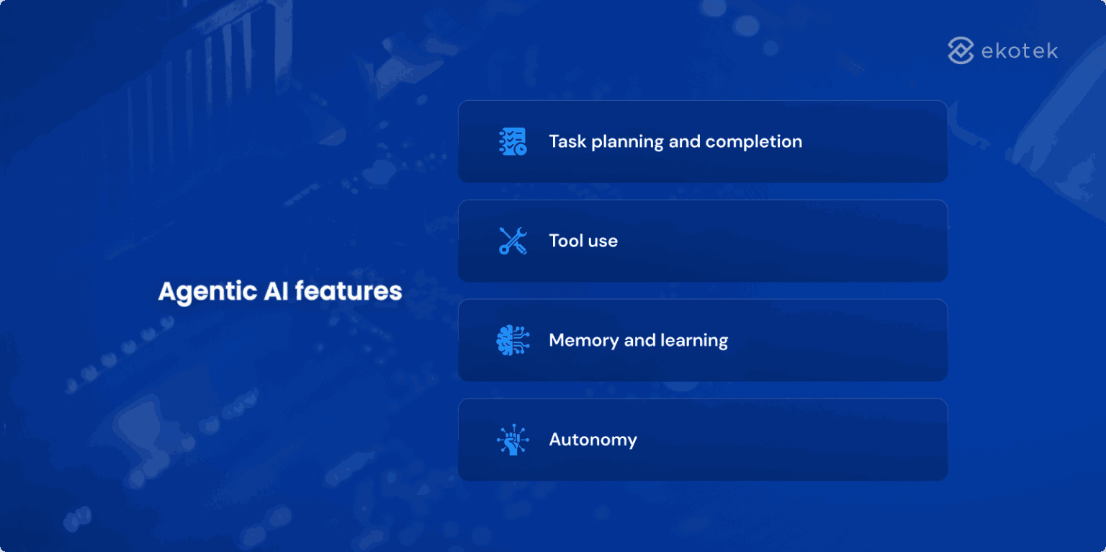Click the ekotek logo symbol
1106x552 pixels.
961,50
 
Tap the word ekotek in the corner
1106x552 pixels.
1020,51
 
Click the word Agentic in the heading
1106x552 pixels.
197,292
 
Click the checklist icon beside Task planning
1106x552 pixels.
513,141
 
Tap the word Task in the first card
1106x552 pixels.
567,141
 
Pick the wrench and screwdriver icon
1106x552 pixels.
513,241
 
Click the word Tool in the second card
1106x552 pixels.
566,241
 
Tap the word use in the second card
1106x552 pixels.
603,241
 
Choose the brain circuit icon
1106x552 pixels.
513,340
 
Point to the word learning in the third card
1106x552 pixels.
695,341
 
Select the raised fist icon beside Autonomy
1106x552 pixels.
513,440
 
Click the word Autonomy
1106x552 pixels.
593,440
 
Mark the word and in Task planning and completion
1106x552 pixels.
684,141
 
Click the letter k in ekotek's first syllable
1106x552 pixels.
1004,51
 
